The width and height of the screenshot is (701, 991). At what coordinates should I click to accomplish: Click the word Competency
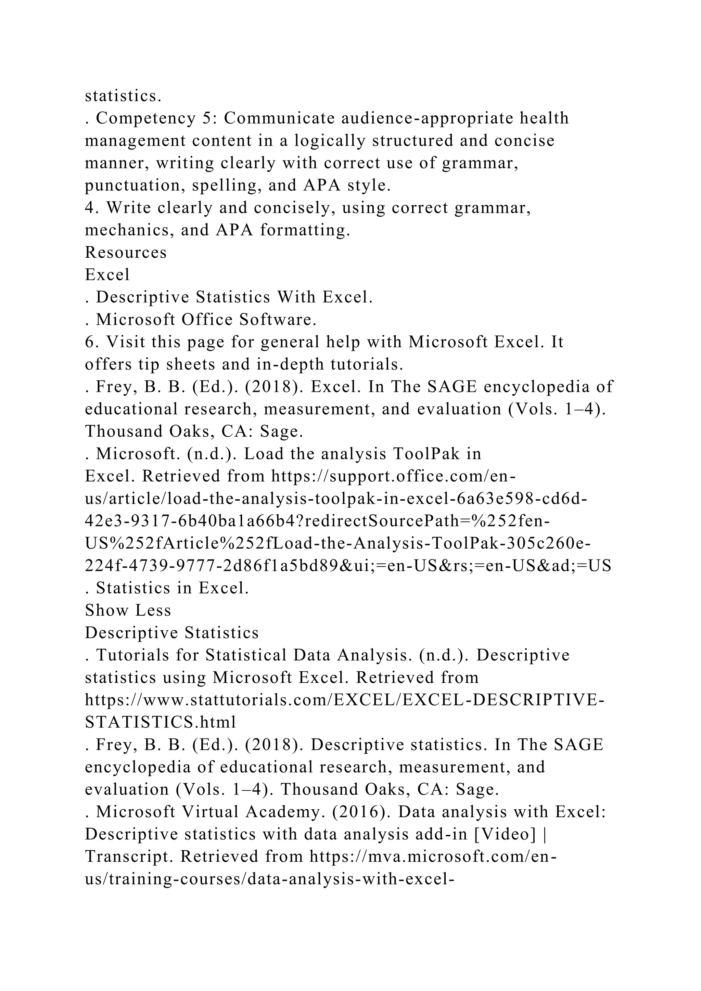[146, 119]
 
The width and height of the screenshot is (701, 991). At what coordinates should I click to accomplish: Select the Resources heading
[126, 253]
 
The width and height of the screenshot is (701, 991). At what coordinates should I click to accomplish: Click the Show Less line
[128, 610]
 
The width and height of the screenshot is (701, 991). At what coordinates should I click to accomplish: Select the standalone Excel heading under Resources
[107, 275]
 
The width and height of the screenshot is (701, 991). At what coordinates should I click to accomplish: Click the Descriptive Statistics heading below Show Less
[172, 633]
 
